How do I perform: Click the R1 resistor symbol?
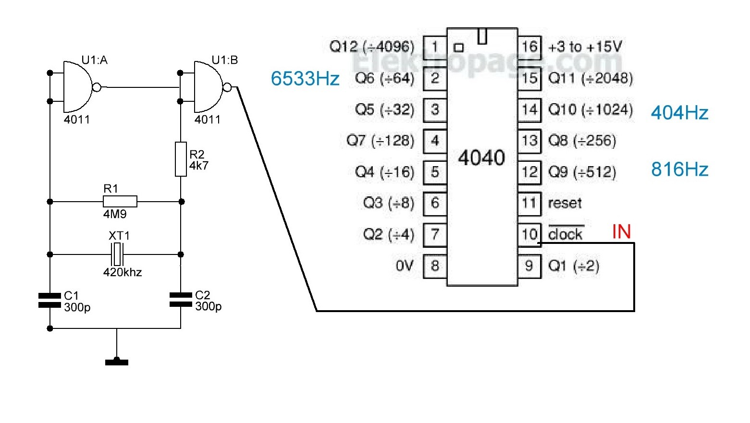(120, 202)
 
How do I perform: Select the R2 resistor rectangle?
(181, 159)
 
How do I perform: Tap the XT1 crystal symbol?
(117, 254)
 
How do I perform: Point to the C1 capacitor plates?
(49, 300)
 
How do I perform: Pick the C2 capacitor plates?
(181, 300)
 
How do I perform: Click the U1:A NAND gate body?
(78, 87)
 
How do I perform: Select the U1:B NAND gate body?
(209, 87)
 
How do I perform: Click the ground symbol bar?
(117, 362)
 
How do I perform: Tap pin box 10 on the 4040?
(529, 234)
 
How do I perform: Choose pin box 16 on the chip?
(529, 47)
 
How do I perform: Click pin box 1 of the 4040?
(435, 47)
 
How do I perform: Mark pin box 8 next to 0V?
(435, 266)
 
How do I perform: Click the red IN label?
(621, 231)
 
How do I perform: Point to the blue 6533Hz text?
(305, 79)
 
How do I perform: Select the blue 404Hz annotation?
(679, 113)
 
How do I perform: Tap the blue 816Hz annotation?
(679, 169)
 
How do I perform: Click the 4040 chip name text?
(481, 157)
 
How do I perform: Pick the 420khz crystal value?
(123, 272)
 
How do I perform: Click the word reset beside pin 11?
(565, 203)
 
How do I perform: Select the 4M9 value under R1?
(115, 214)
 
